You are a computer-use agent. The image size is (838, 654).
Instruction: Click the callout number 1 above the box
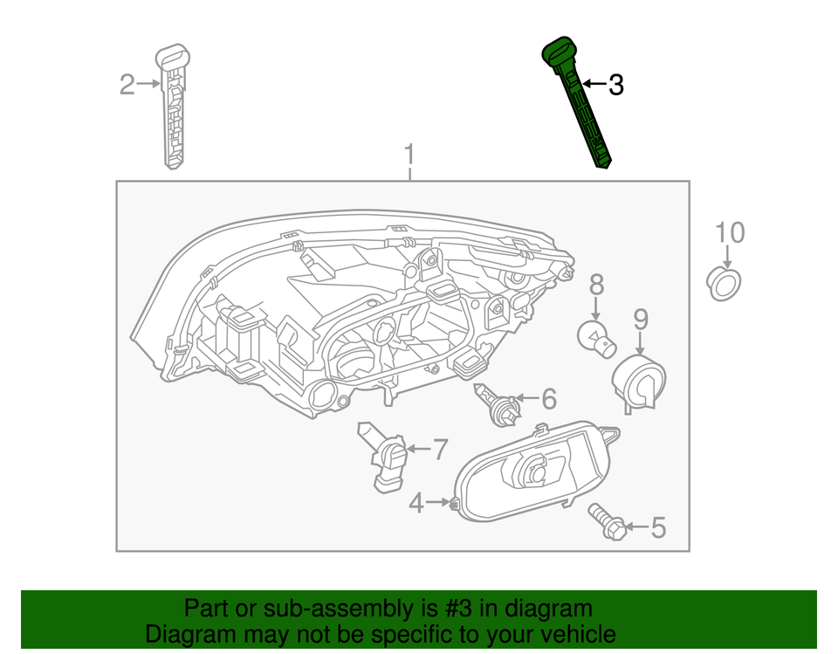click(409, 157)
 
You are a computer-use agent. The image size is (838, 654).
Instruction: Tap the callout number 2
click(127, 85)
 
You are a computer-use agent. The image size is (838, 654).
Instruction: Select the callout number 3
click(615, 86)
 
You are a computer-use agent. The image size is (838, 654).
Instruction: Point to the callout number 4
click(417, 503)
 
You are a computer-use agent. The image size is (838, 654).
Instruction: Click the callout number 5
click(657, 527)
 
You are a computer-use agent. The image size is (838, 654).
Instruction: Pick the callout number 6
click(548, 399)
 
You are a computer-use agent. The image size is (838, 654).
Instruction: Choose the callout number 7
click(439, 451)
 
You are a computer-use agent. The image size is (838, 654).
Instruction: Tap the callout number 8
click(596, 284)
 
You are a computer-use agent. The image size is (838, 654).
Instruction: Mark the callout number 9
click(640, 319)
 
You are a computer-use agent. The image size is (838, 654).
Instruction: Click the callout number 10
click(730, 233)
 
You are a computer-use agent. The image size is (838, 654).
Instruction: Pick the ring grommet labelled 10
click(724, 284)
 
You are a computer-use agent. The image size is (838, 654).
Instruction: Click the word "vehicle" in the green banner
click(572, 634)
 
